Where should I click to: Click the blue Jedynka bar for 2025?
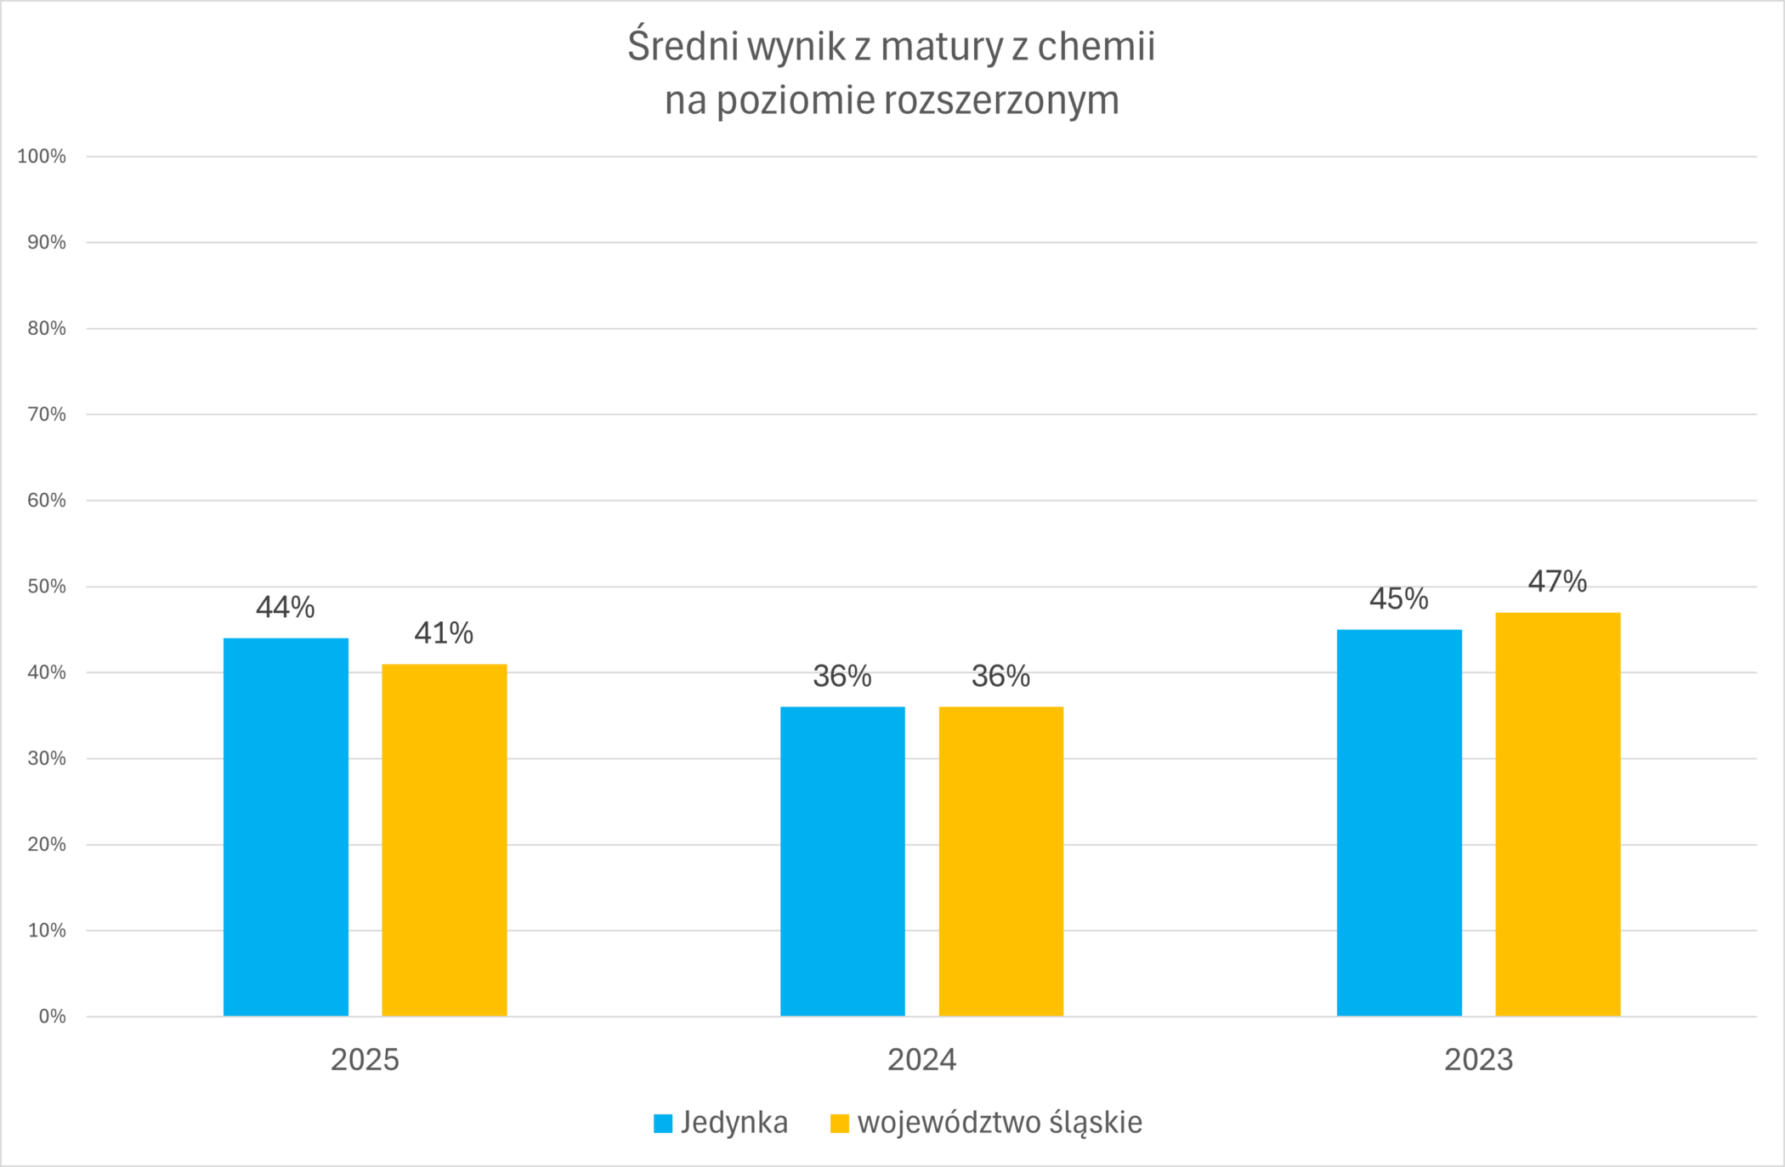286,826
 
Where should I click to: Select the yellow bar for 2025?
444,840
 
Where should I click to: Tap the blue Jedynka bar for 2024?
842,861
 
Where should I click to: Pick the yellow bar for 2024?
1000,861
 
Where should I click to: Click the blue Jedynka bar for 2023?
1399,822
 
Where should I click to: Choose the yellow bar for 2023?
1557,813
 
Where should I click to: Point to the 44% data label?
286,608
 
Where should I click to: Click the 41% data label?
444,633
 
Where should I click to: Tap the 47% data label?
1557,582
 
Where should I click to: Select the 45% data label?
1399,599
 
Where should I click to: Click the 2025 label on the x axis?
365,1060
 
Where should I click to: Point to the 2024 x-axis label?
921,1060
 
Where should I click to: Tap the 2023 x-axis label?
1479,1060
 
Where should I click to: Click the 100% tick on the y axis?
42,156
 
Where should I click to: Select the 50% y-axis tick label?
47,586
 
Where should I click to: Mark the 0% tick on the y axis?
52,1017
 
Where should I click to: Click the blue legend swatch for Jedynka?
663,1124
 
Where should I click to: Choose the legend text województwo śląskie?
1000,1123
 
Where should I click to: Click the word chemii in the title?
1096,47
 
